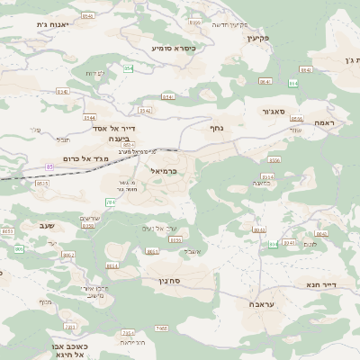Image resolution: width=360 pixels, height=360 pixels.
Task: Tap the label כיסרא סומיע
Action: tap(174, 47)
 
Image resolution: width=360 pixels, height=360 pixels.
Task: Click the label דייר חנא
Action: tap(321, 284)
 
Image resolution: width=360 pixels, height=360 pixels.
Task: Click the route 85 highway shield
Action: tap(49, 166)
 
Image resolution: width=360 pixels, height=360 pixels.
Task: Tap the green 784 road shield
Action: tap(110, 202)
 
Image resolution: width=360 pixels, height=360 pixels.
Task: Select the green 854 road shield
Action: tap(128, 68)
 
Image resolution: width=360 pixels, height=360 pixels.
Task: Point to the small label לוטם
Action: tap(310, 245)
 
